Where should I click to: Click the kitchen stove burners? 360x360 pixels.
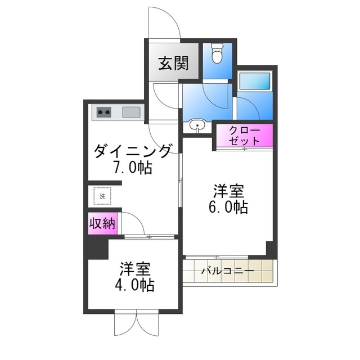coord(104,111)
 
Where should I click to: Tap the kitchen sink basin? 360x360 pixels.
coord(131,111)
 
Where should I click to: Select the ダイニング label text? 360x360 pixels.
coord(133,151)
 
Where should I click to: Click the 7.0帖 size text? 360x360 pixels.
coord(133,168)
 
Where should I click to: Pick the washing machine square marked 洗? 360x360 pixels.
coord(102,196)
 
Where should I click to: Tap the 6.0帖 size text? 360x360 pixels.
coord(227,206)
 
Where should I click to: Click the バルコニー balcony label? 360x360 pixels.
coord(228,271)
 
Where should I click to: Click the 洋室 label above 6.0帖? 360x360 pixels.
coord(227,189)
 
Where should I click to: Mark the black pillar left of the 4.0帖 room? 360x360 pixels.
coord(96,248)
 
